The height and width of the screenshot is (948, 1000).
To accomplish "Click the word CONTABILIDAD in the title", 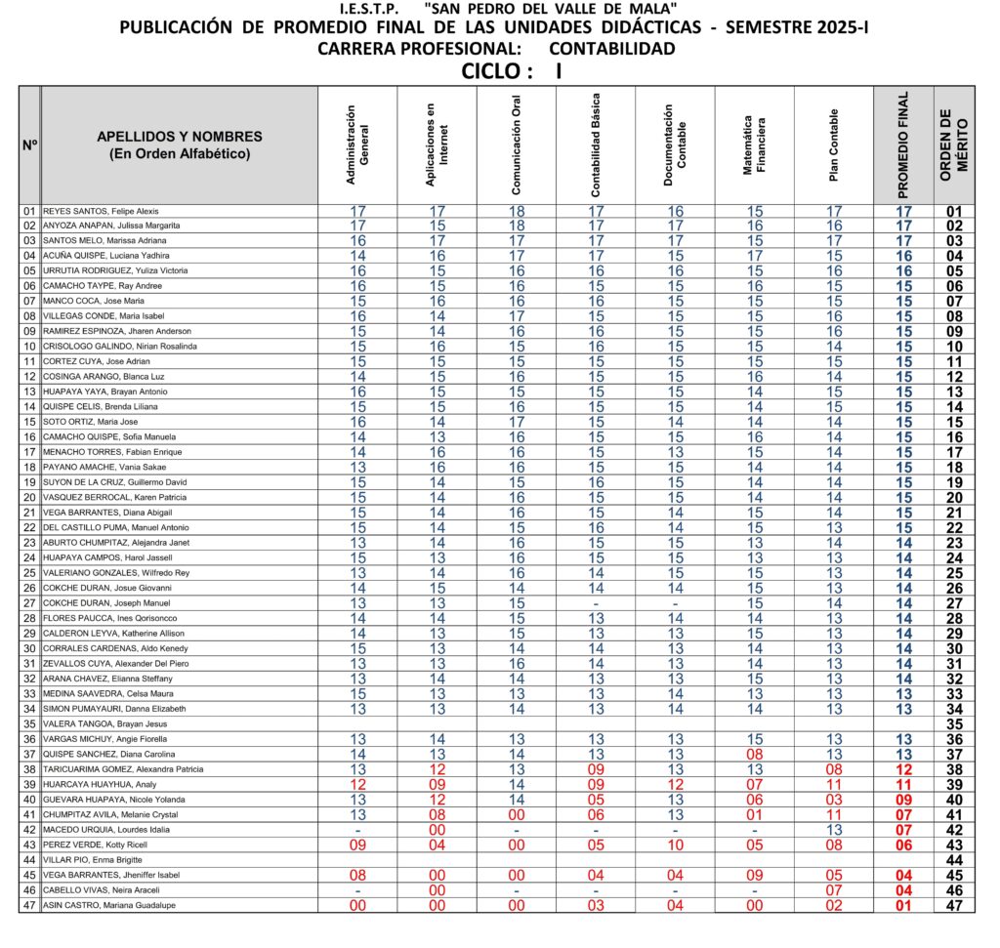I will tap(611, 49).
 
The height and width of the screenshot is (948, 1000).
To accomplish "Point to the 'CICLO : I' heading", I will tap(511, 71).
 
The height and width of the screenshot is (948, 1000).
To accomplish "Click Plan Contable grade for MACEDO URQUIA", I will tap(833, 830).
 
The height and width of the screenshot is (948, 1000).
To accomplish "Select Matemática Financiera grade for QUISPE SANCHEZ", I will tap(754, 755).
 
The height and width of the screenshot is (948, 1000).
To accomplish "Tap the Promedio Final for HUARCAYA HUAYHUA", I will tap(903, 785).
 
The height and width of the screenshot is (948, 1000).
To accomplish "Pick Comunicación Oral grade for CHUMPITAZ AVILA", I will tap(517, 815).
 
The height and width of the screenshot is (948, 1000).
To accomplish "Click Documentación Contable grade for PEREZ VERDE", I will tap(675, 845).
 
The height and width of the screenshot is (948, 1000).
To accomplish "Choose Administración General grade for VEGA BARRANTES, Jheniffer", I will tap(357, 876).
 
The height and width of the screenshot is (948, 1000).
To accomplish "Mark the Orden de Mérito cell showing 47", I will tap(954, 906).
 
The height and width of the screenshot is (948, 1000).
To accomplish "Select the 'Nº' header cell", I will tap(29, 145).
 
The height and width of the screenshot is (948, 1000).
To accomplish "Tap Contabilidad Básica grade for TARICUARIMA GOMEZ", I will tap(596, 769).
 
